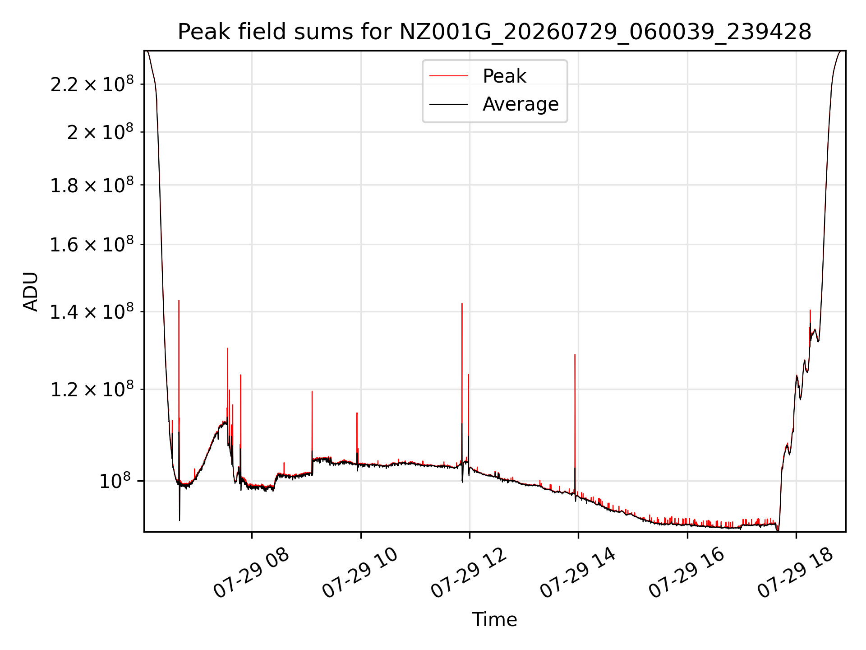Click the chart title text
(494, 32)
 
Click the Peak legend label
(504, 76)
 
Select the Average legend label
(521, 104)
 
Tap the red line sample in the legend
(449, 76)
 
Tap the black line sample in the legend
(449, 104)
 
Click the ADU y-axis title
(31, 291)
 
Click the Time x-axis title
(494, 619)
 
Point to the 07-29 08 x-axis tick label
(251, 572)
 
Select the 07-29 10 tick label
(360, 572)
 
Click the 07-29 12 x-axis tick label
(469, 572)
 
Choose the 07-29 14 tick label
(578, 572)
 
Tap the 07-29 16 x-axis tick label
(686, 572)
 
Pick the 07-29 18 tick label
(795, 572)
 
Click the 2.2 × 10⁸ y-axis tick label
(92, 84)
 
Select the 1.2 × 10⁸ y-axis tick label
(92, 389)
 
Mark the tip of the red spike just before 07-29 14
(575, 355)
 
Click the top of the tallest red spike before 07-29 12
(462, 303)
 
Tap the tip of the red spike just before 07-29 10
(357, 413)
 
